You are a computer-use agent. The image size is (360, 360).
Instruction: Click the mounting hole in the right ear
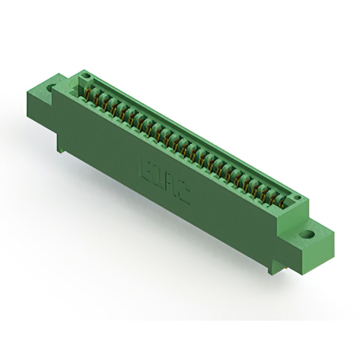pos(307,233)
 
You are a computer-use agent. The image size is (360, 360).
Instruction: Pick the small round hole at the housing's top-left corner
pos(85,74)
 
